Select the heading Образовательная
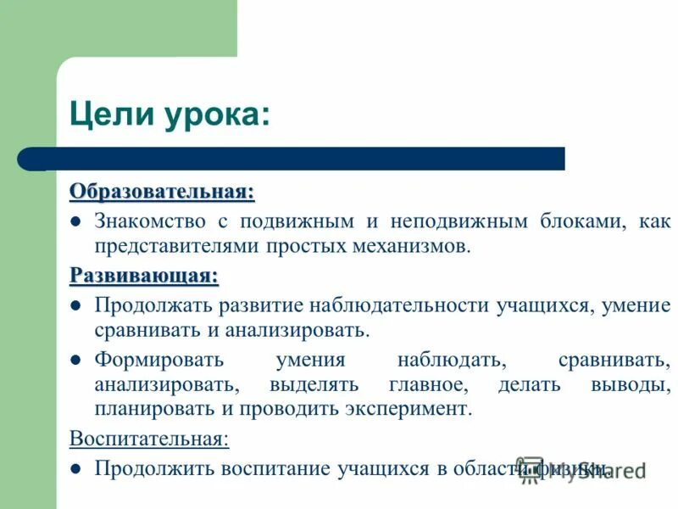pyautogui.click(x=162, y=191)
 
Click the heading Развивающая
pyautogui.click(x=144, y=275)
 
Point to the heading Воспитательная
pyautogui.click(x=149, y=439)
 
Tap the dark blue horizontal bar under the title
pyautogui.click(x=305, y=159)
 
